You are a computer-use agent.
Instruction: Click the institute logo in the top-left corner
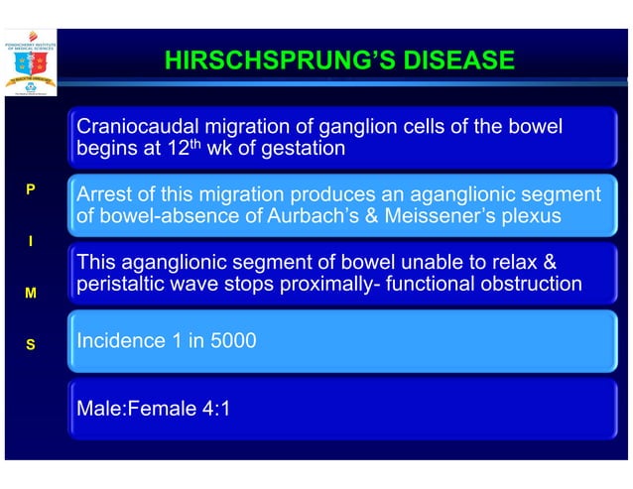point(31,61)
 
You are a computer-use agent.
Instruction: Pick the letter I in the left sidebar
point(30,241)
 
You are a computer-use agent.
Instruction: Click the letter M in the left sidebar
point(30,294)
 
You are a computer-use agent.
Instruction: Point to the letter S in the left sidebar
point(30,345)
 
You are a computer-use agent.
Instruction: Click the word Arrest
point(106,194)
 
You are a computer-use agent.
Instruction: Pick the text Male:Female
point(131,408)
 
